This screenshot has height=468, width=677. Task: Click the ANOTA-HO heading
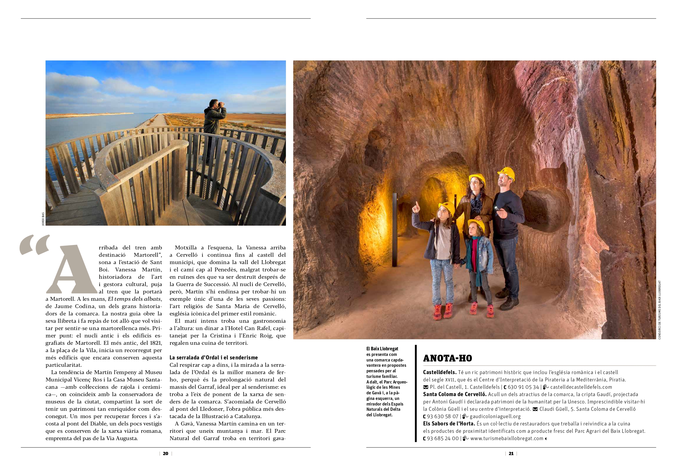point(447,358)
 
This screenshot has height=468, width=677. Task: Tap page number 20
point(165,454)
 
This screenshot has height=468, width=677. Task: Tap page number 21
point(511,454)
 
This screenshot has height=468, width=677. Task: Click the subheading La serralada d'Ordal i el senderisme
point(213,358)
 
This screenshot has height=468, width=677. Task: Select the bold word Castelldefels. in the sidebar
point(440,372)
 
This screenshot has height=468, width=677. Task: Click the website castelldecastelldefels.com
point(581,387)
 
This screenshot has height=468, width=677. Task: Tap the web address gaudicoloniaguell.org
point(495,416)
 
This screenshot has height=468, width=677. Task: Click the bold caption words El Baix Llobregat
point(382,349)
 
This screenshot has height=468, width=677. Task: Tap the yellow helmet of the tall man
point(506,173)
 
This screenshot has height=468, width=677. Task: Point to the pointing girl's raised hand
point(416,207)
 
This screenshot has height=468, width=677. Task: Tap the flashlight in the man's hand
point(497,208)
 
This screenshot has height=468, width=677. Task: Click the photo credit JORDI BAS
point(43,219)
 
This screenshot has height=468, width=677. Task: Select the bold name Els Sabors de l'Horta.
point(449,424)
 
